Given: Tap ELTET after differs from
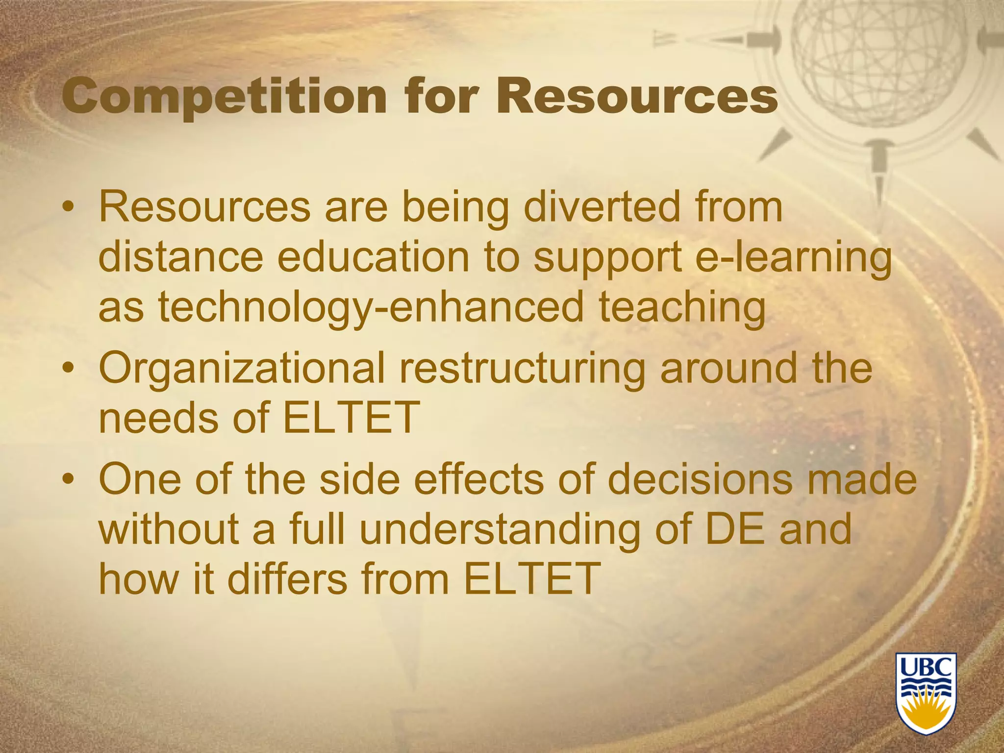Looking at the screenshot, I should click(x=531, y=578).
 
